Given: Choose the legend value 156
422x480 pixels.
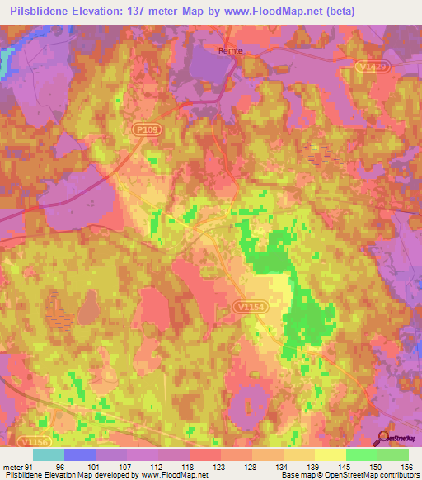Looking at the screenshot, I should pos(406,466).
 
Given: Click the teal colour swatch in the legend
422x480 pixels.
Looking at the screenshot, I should pos(49,454).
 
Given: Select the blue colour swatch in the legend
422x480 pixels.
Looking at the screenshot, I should pos(80,454).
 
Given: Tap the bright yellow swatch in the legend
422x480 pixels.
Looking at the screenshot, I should pos(330,454).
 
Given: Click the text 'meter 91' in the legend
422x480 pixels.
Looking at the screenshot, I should pos(18,466).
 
